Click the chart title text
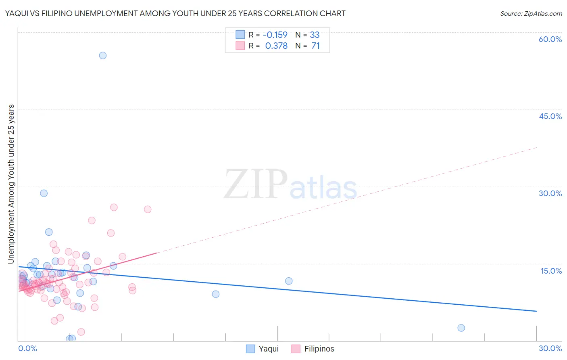(175, 13)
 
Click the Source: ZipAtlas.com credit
(531, 13)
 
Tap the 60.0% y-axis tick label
(550, 39)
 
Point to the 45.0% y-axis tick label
(550, 116)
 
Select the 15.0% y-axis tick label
(551, 271)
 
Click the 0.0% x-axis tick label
(27, 348)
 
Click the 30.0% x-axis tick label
(550, 348)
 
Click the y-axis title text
(11, 184)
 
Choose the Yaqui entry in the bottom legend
(263, 349)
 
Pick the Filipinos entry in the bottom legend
(313, 349)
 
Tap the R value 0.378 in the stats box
(276, 46)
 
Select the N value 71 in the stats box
(315, 46)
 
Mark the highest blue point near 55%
(103, 55)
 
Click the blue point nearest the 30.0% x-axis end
(461, 328)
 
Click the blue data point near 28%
(44, 193)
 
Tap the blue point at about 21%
(49, 232)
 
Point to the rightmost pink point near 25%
(148, 209)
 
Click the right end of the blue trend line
(536, 311)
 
